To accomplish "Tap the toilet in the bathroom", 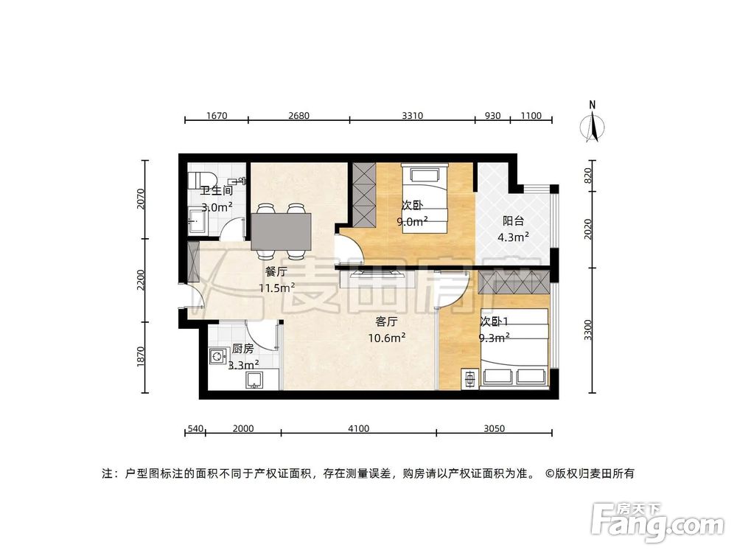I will [200, 180].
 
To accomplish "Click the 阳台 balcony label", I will [514, 220].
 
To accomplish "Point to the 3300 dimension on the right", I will [587, 330].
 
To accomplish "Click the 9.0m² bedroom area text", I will [412, 221].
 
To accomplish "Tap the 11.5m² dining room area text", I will [276, 288].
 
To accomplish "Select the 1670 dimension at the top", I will [216, 115].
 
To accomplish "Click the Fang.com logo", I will [659, 523].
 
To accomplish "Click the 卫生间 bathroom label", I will [217, 190].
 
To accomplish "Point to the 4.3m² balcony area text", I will [514, 237].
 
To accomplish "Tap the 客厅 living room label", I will [387, 321].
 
